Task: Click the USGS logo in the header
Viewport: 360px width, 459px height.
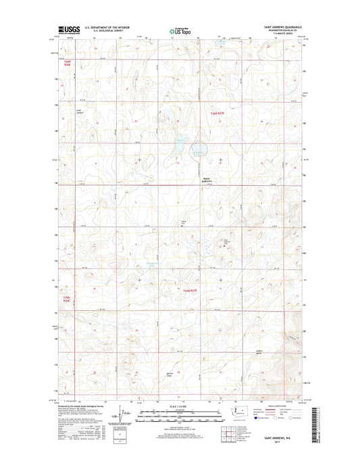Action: coord(69,29)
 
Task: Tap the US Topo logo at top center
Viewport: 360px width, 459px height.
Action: coord(180,30)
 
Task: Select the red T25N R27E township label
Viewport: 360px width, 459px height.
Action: coord(193,289)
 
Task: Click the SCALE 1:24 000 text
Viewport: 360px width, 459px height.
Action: coord(179,407)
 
